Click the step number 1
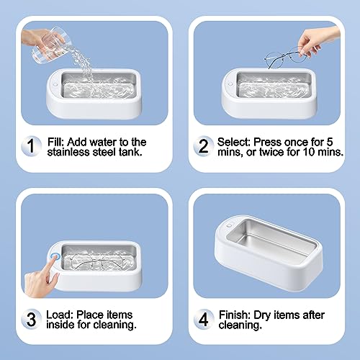(30, 147)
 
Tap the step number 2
(204, 147)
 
